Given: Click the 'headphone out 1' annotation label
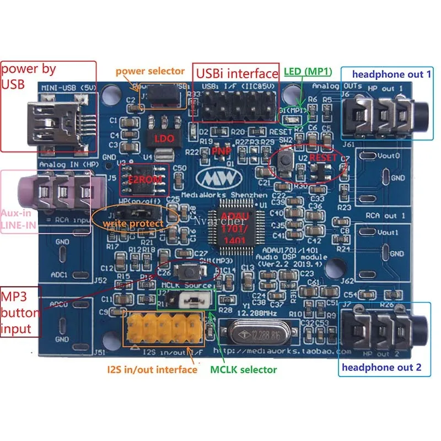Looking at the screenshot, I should point(391,74).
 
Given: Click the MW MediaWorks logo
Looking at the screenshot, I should point(219,179).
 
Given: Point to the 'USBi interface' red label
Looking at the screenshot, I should point(235,73).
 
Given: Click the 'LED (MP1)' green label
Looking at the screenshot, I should point(306,72).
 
